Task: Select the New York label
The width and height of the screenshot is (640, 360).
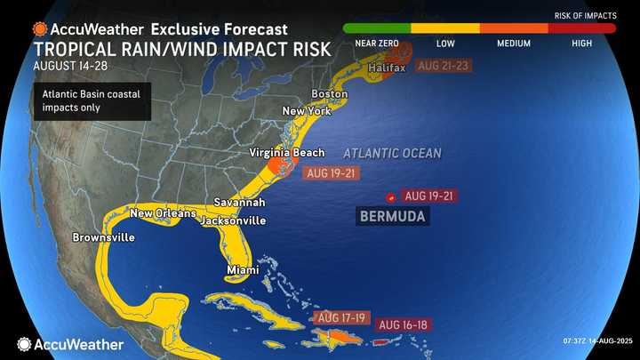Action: coord(306,111)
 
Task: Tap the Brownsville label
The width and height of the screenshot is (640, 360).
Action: coord(104,237)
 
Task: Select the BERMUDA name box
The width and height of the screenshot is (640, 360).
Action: coord(392,216)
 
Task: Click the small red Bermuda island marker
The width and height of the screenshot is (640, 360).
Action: coord(390,196)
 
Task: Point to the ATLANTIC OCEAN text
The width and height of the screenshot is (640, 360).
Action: coord(392,154)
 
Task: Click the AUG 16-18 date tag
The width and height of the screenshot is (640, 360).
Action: coord(402,325)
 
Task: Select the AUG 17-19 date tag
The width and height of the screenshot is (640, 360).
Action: coord(340,317)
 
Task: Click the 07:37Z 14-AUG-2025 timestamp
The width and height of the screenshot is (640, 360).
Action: coord(588,344)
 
